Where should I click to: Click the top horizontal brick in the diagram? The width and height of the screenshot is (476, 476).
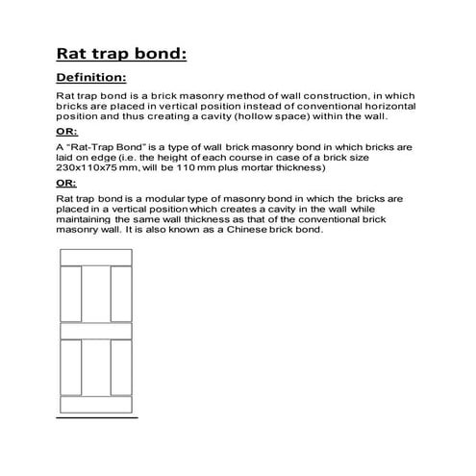[96, 256]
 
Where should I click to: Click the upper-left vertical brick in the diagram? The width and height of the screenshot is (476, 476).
[70, 293]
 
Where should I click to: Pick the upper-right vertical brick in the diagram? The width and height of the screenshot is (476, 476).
[122, 293]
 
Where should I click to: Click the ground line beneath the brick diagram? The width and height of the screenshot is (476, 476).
[96, 418]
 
